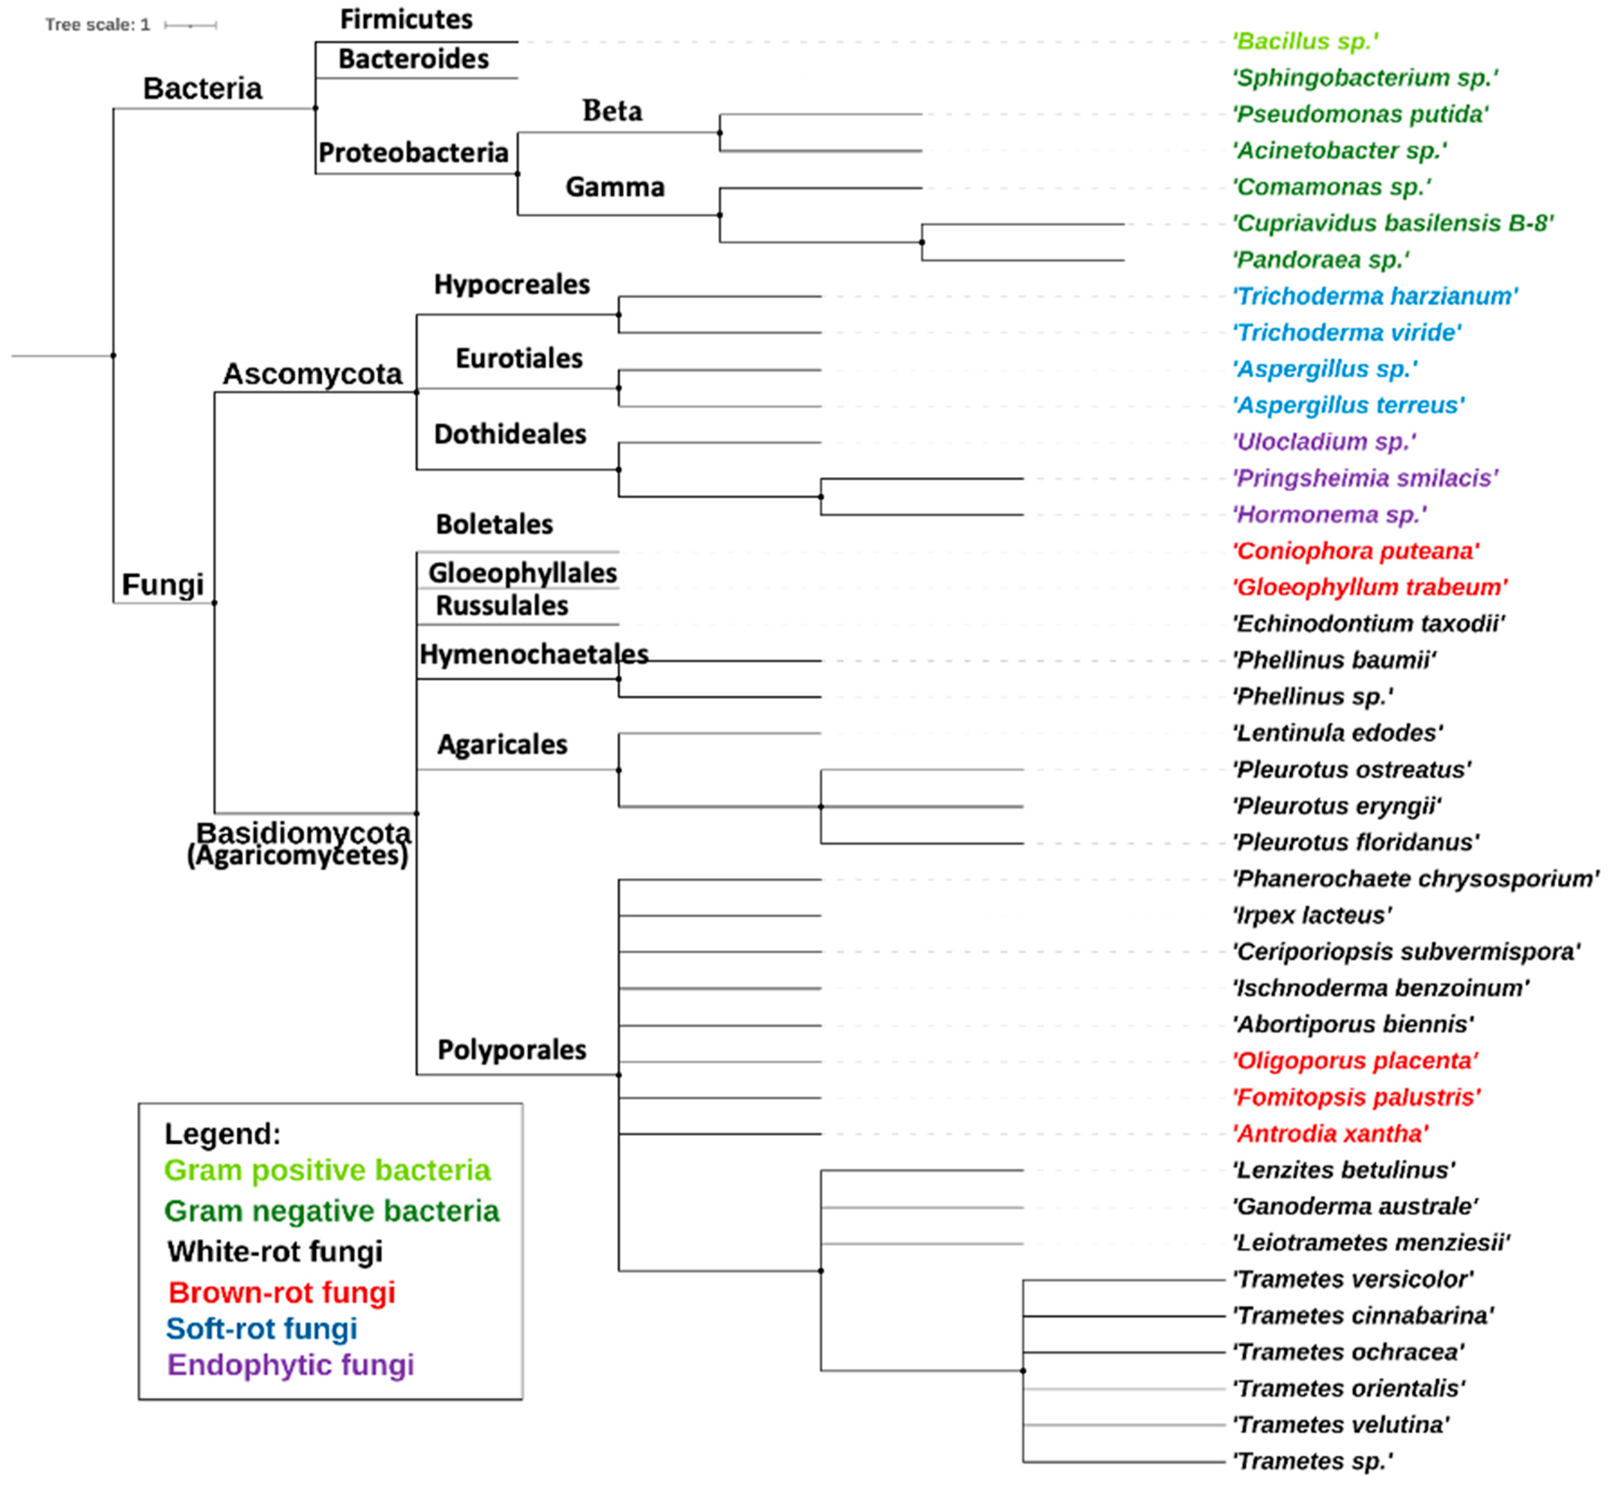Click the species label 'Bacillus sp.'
[1305, 41]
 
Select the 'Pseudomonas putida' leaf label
[1360, 114]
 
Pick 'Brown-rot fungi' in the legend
[282, 1292]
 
